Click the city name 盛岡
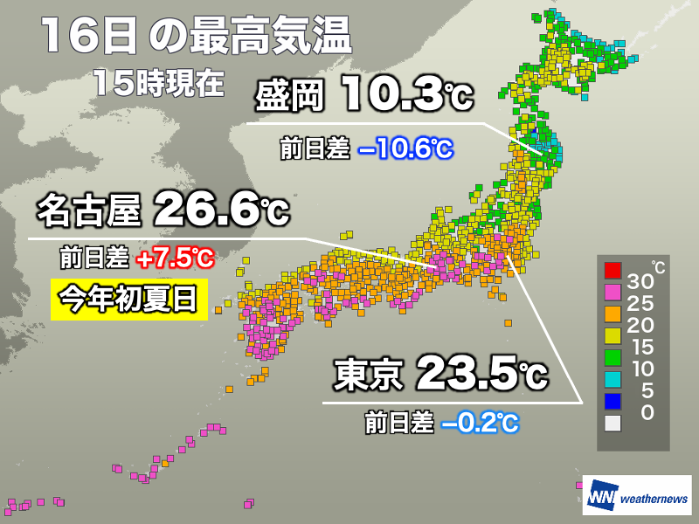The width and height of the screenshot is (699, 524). tap(288, 95)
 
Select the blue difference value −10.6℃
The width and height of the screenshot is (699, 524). tap(405, 149)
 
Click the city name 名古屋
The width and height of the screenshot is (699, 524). tap(87, 210)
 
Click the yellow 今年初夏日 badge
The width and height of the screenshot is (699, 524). tap(128, 300)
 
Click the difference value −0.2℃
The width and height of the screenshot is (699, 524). tap(480, 424)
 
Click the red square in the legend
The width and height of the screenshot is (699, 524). tap(612, 269)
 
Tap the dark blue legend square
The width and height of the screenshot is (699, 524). tap(612, 401)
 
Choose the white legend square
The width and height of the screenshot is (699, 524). tap(612, 423)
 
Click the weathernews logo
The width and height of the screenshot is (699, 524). tap(636, 498)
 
